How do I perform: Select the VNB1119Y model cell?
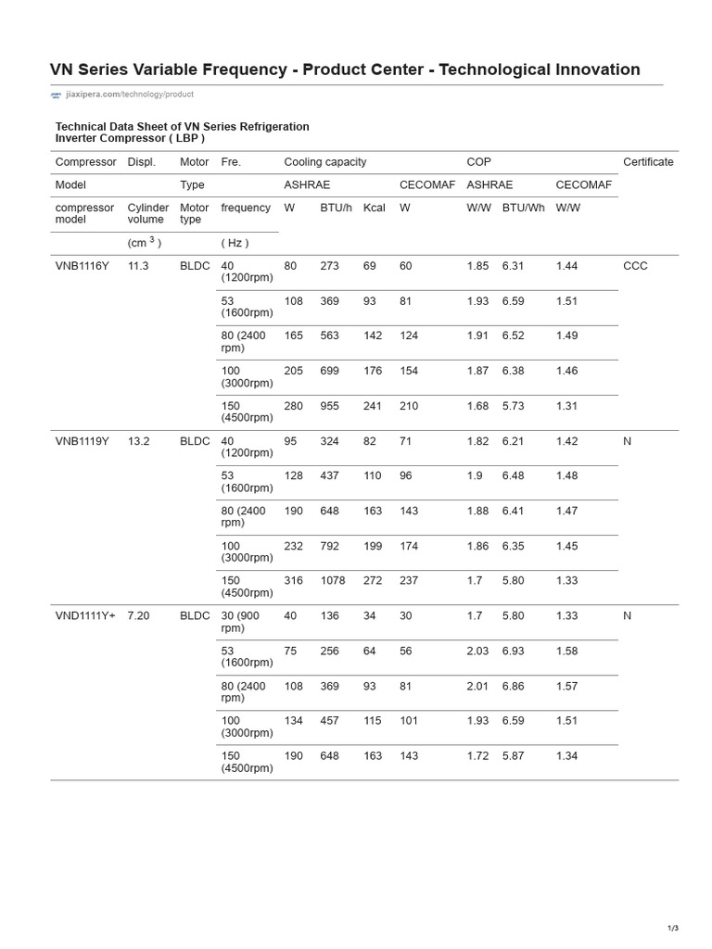[x=83, y=441]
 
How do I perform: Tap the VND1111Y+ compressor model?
[x=85, y=616]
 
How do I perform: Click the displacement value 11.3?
[x=138, y=266]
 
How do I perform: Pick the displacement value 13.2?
[x=138, y=441]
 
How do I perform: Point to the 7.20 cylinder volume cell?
[x=138, y=616]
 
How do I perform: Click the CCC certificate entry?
[x=635, y=266]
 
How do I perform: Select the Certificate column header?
[x=648, y=162]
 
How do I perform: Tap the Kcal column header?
[x=375, y=208]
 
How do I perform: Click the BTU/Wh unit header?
[x=523, y=208]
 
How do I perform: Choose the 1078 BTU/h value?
[x=333, y=581]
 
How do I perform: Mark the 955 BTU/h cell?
[x=329, y=406]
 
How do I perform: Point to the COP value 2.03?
[x=478, y=652]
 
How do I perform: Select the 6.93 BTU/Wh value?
[x=513, y=652]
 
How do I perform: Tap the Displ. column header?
[x=141, y=162]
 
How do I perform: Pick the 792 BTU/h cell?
[x=329, y=547]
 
